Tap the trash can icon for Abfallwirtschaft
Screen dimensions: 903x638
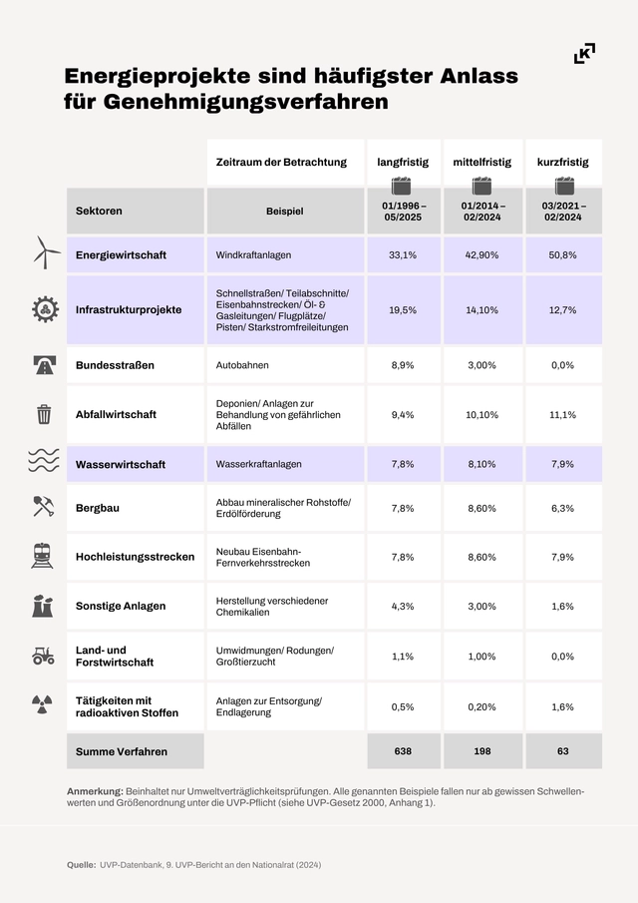pos(44,414)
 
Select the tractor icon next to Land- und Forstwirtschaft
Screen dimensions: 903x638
pos(44,656)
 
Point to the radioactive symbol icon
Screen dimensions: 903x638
pos(44,705)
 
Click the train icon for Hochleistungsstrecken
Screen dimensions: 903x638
pos(44,556)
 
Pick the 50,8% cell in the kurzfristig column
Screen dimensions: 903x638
pos(562,255)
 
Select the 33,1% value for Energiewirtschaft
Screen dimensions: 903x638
pos(403,255)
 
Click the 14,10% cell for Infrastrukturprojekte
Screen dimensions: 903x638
pos(482,310)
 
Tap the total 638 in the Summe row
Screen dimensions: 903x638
pos(403,750)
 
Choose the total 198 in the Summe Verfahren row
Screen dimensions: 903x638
pos(482,750)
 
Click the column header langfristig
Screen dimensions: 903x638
pos(403,162)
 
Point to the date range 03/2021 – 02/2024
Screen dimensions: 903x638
pos(562,211)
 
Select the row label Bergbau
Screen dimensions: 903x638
pos(98,508)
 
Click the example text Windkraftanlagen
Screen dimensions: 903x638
pos(253,255)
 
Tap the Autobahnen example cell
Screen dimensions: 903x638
pos(242,365)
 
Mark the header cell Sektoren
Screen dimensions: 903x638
pos(99,212)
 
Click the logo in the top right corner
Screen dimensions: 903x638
pos(585,54)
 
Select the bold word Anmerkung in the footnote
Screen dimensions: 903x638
pos(94,790)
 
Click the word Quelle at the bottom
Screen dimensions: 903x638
pos(81,864)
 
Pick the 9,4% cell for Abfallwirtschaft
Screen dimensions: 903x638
pos(403,414)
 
